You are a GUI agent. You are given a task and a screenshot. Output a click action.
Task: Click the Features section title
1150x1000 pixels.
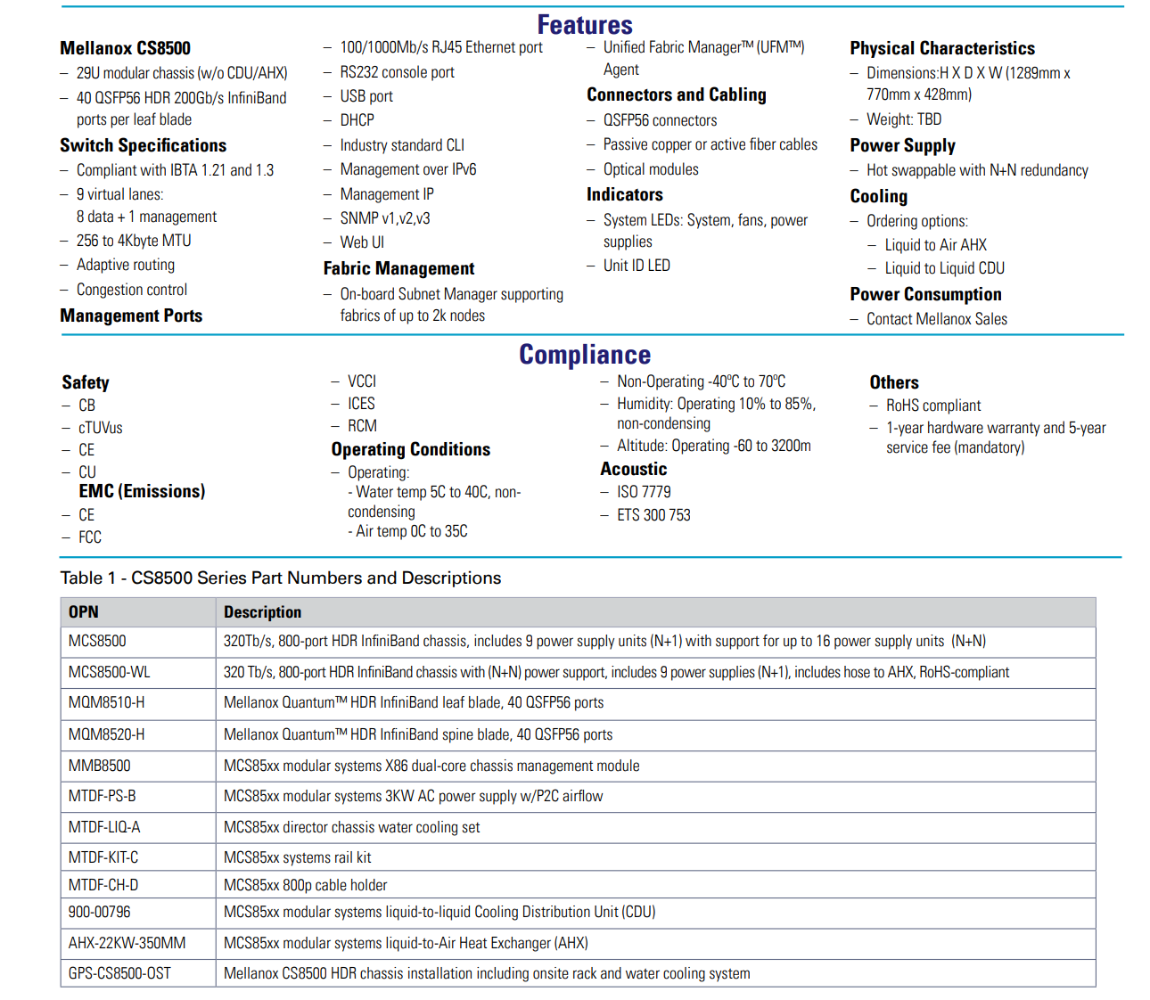584,25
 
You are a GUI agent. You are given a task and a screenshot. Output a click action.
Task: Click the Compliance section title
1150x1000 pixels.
584,355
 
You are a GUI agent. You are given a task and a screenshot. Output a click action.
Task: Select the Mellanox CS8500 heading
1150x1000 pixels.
125,48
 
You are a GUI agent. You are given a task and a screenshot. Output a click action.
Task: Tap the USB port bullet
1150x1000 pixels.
366,96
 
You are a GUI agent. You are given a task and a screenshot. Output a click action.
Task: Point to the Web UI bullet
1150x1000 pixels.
362,242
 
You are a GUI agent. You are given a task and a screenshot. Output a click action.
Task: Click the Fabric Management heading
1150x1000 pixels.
398,268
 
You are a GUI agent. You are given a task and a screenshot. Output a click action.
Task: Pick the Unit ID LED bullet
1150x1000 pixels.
637,266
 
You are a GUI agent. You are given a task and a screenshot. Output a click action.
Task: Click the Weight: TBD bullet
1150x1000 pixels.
903,119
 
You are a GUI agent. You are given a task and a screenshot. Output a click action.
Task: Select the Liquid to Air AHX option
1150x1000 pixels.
935,245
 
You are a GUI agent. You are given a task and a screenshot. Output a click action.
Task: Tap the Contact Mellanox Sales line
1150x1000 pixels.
936,319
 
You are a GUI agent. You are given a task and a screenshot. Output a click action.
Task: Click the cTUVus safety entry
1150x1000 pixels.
101,428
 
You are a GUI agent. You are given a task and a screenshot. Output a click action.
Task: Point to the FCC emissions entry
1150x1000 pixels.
90,537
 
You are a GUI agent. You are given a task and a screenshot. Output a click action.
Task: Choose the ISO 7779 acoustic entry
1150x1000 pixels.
644,492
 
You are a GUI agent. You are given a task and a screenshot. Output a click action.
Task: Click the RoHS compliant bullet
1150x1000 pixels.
932,406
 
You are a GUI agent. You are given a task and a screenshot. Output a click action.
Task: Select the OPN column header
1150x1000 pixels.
84,612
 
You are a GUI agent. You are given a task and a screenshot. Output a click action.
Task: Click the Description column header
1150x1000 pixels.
262,612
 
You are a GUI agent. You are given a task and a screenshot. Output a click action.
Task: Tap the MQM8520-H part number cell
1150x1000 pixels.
107,734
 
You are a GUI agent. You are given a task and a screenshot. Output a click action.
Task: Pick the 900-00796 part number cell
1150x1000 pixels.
99,912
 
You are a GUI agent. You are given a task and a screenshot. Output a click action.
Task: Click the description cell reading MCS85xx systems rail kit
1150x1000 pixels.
298,857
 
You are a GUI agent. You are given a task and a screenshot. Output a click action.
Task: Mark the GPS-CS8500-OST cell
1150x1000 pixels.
119,973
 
